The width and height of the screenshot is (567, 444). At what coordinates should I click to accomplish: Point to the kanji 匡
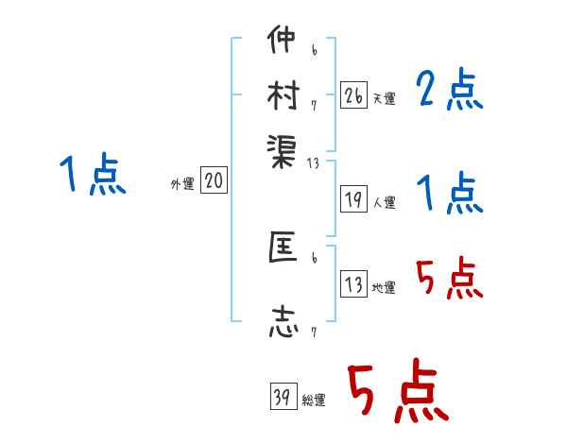[x=283, y=249]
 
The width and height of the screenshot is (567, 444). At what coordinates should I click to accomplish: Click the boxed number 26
[x=354, y=95]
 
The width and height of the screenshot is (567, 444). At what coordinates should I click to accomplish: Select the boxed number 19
[x=354, y=199]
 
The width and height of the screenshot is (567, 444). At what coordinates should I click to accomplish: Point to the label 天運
[x=384, y=98]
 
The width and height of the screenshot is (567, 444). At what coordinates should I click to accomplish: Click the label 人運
[x=384, y=202]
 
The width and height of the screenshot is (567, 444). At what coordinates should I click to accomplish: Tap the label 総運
[x=313, y=401]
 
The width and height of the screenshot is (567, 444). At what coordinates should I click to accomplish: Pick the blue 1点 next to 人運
[x=450, y=195]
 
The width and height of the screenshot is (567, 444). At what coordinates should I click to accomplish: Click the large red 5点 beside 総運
[x=397, y=393]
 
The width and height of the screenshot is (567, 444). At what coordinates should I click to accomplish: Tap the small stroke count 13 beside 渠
[x=314, y=163]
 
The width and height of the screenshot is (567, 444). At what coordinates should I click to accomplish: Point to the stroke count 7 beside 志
[x=314, y=333]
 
